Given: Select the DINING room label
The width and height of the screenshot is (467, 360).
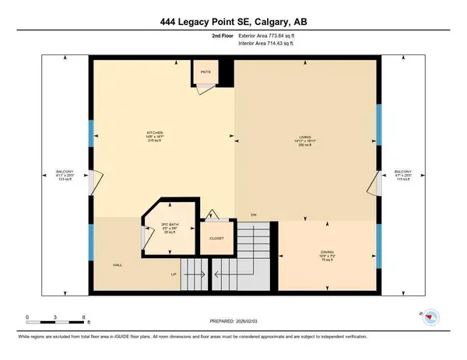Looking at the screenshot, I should tap(328, 251).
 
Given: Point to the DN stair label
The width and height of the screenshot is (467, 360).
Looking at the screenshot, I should tap(253, 215).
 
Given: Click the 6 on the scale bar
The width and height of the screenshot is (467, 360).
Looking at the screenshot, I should tap(83, 316).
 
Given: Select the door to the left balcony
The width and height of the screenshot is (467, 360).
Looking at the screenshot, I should tap(93, 181).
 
